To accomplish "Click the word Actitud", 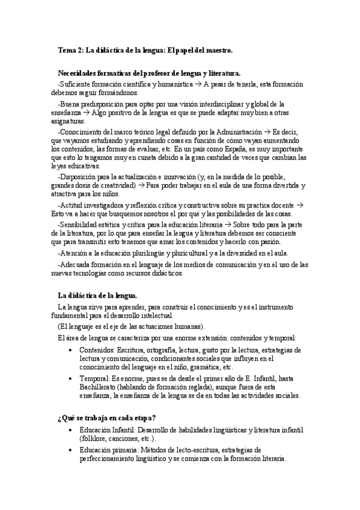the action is point(72,205).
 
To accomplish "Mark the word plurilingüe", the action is point(141,253).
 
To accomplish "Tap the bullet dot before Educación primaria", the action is point(72,449).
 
